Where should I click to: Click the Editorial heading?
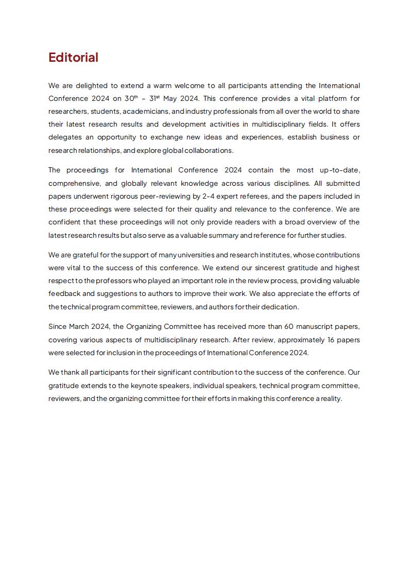pos(73,58)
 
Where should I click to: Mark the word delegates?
pos(65,137)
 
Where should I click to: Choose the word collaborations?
pos(211,150)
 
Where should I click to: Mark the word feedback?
pos(64,294)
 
